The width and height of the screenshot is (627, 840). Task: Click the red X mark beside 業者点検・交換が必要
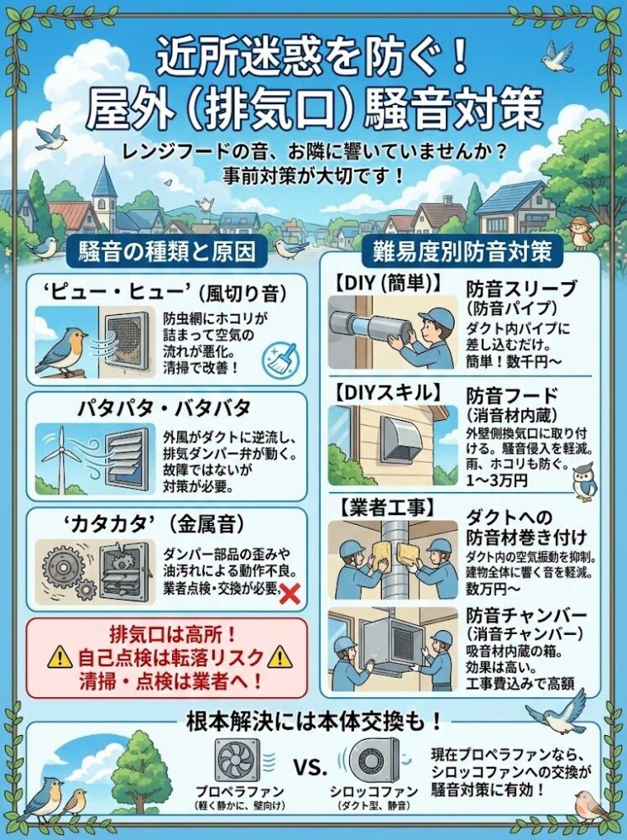pyautogui.click(x=290, y=594)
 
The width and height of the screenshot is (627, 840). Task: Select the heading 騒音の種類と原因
pyautogui.click(x=167, y=250)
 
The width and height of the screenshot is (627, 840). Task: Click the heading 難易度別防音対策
pyautogui.click(x=462, y=250)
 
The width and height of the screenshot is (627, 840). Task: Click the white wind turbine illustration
pyautogui.click(x=60, y=458)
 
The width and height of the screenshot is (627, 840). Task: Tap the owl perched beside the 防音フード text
pyautogui.click(x=584, y=482)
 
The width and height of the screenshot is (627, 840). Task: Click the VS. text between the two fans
pyautogui.click(x=310, y=768)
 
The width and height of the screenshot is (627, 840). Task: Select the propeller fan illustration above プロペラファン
pyautogui.click(x=238, y=760)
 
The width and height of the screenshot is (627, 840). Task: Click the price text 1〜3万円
pyautogui.click(x=496, y=480)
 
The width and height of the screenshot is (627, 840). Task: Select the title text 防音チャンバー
pyautogui.click(x=525, y=616)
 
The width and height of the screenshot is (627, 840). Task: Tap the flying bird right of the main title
pyautogui.click(x=558, y=55)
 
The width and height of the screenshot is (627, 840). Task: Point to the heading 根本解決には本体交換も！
pyautogui.click(x=313, y=722)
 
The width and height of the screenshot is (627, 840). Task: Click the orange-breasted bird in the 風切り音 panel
pyautogui.click(x=60, y=352)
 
